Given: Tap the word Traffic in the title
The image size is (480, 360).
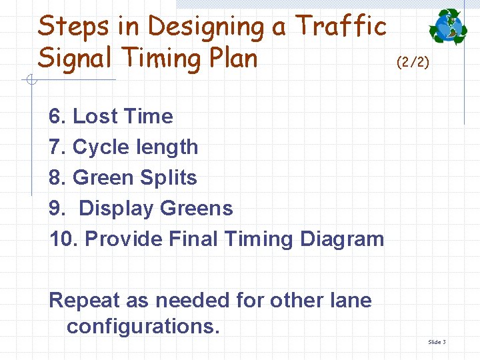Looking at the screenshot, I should (341, 27).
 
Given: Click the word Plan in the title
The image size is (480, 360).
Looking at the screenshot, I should (230, 59).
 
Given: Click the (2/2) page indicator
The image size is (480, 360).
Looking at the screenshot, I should (413, 63).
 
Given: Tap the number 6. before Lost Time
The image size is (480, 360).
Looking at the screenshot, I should (57, 116).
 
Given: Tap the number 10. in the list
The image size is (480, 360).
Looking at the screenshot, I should (64, 239).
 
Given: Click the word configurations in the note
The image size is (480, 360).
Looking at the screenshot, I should (143, 326).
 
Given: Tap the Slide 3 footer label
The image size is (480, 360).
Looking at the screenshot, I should (437, 342).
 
